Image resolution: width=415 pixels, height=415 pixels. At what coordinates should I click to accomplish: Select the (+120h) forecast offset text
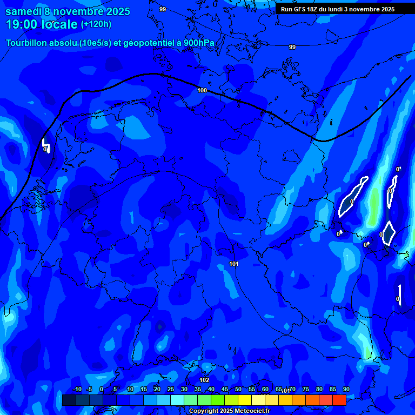(x=96, y=24)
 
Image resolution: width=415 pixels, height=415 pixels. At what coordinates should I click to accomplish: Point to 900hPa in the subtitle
(x=199, y=43)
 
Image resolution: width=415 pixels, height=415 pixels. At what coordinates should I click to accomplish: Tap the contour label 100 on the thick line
(x=202, y=90)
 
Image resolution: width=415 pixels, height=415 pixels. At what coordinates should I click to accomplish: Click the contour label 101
(x=234, y=264)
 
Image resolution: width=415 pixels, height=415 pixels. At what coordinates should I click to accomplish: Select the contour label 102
(x=204, y=380)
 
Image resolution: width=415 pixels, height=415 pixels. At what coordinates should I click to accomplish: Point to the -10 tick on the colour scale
(x=77, y=390)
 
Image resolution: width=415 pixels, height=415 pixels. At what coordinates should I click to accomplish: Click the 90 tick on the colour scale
(x=346, y=390)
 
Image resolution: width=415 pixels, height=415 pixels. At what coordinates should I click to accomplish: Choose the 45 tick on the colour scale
(x=224, y=390)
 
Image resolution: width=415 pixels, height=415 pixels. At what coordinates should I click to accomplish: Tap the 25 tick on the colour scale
(x=170, y=390)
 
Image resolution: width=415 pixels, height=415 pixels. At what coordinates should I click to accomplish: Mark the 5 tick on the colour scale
(x=115, y=390)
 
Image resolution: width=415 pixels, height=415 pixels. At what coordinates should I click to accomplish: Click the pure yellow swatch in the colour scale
(x=245, y=400)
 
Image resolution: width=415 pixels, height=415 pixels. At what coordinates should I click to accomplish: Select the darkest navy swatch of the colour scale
(x=69, y=400)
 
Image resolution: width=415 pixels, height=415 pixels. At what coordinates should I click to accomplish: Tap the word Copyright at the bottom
(x=204, y=411)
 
